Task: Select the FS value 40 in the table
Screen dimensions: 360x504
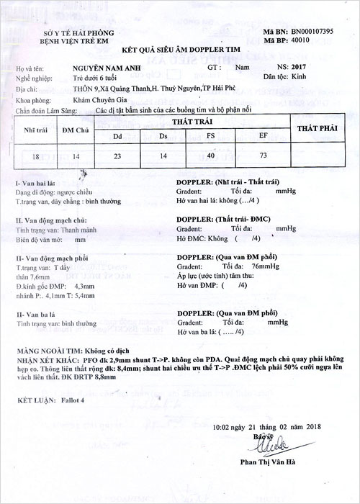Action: (210, 155)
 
